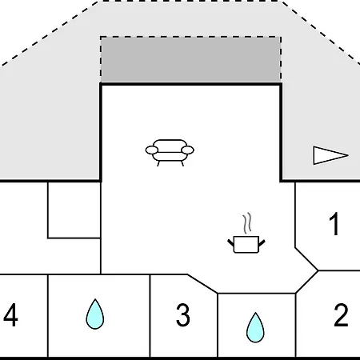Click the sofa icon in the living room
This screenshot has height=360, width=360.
tap(170, 153)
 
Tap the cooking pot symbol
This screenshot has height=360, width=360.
tap(246, 244)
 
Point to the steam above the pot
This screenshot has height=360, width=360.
tap(247, 223)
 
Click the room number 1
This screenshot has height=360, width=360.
tap(334, 224)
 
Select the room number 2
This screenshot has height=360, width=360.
tap(341, 315)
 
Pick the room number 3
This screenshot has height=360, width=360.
tap(183, 315)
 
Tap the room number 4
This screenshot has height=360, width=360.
tap(10, 315)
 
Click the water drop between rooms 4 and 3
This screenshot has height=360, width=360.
tap(95, 314)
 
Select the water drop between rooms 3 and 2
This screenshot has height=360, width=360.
tap(255, 327)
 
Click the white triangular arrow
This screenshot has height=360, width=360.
tap(330, 155)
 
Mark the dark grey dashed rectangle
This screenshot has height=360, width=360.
tap(190, 59)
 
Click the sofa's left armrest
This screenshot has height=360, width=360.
tap(152, 150)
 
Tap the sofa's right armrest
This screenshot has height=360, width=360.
tap(187, 150)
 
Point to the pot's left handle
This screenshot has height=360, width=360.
tap(230, 243)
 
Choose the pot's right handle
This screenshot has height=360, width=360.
tap(262, 243)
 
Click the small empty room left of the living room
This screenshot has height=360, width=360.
tap(74, 210)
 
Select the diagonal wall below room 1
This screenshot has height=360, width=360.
tap(306, 259)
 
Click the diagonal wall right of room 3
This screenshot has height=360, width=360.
tap(202, 284)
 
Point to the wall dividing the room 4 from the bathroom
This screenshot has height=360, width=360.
tap(48, 316)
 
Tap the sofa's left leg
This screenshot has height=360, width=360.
tap(158, 163)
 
